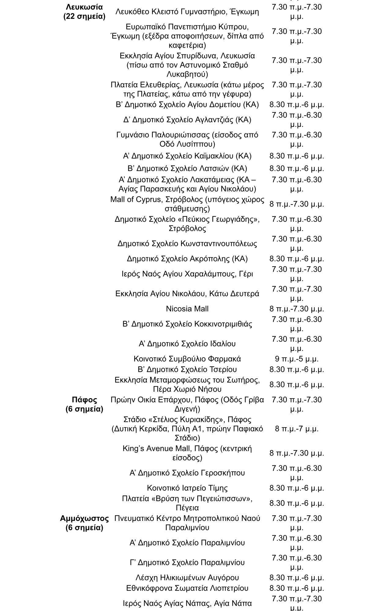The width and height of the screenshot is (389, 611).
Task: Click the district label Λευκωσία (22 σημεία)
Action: pyautogui.click(x=84, y=12)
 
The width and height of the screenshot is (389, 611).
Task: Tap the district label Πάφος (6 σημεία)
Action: pyautogui.click(x=84, y=404)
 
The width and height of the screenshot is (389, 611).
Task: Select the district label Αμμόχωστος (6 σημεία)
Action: pyautogui.click(x=84, y=523)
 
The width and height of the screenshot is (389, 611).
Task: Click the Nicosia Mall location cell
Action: pyautogui.click(x=187, y=309)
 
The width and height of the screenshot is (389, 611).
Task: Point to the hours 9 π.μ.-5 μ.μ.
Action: pyautogui.click(x=297, y=359)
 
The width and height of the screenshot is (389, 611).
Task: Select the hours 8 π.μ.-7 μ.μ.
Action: pyautogui.click(x=297, y=429)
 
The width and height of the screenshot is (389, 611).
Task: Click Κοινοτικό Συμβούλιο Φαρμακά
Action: pyautogui.click(x=187, y=359)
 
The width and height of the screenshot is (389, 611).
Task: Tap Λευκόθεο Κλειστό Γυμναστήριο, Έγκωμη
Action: pyautogui.click(x=187, y=12)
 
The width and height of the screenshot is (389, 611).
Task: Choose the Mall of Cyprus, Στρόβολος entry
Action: pyautogui.click(x=187, y=204)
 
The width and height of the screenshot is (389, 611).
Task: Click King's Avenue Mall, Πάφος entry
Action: pyautogui.click(x=187, y=453)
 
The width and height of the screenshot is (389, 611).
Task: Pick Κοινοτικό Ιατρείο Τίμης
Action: pyautogui.click(x=187, y=488)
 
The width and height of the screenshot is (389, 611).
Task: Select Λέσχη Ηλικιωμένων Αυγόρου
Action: pyautogui.click(x=187, y=578)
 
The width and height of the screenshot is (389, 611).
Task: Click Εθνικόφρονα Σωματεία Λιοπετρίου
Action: pyautogui.click(x=187, y=588)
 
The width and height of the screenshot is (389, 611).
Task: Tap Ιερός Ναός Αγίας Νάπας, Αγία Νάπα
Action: pyautogui.click(x=187, y=603)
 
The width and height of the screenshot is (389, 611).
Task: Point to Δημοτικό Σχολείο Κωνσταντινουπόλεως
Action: pyautogui.click(x=187, y=244)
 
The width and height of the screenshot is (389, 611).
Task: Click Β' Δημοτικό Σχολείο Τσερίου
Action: pyautogui.click(x=187, y=369)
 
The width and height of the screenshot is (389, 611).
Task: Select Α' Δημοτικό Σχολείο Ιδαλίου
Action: pyautogui.click(x=187, y=344)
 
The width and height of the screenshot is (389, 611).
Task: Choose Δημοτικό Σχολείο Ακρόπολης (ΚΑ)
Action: pyautogui.click(x=187, y=259)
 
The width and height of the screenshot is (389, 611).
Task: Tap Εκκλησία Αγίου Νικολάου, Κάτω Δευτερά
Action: pyautogui.click(x=187, y=294)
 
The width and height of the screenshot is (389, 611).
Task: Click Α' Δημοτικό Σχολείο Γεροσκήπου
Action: pyautogui.click(x=187, y=473)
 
